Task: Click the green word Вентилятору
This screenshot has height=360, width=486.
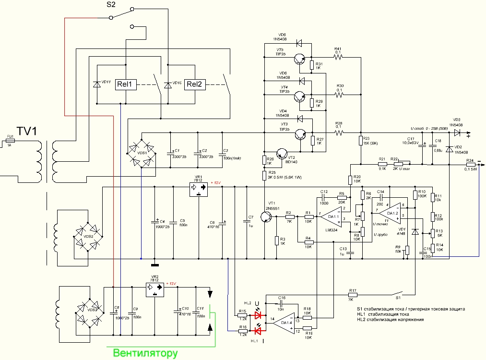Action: [x=145, y=354]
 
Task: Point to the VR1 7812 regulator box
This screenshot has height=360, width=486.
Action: [x=199, y=189]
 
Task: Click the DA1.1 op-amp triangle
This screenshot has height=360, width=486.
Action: [x=331, y=217]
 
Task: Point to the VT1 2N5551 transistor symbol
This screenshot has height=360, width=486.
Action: [x=266, y=217]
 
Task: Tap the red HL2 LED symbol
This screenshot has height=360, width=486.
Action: [x=260, y=315]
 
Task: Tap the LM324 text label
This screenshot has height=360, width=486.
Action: [x=332, y=230]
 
